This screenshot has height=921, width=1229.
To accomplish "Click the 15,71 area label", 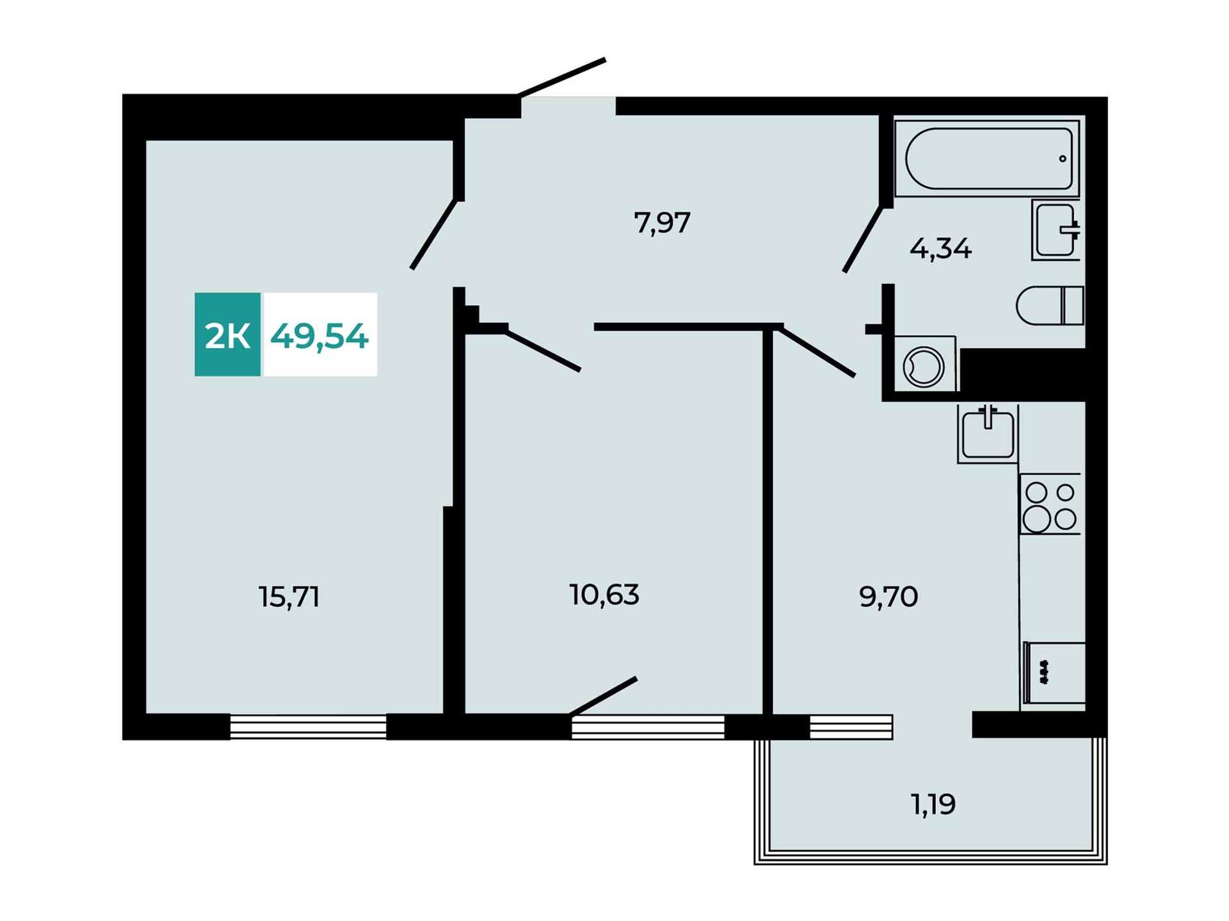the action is pyautogui.click(x=289, y=597).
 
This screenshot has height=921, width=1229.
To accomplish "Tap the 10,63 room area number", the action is pyautogui.click(x=604, y=595).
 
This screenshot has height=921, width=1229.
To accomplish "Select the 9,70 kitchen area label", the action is pyautogui.click(x=888, y=597).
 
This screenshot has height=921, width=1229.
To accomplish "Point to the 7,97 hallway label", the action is pyautogui.click(x=662, y=223).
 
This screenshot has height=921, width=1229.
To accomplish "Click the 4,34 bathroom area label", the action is pyautogui.click(x=940, y=248).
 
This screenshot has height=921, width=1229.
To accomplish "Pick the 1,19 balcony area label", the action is pyautogui.click(x=933, y=804).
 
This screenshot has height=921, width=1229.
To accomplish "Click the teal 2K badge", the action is pyautogui.click(x=228, y=335).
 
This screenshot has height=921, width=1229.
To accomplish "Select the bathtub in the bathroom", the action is pyautogui.click(x=987, y=158).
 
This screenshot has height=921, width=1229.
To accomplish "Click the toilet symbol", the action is pyautogui.click(x=1050, y=306).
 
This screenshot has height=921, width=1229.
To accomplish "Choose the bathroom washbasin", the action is pyautogui.click(x=1056, y=230).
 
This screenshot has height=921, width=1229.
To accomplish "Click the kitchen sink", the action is pyautogui.click(x=988, y=434).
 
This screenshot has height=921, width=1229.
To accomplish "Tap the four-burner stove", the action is pyautogui.click(x=1050, y=504).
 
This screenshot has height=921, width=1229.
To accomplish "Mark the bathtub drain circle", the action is pyautogui.click(x=1063, y=159).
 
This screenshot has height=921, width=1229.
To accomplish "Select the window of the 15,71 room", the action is pyautogui.click(x=308, y=727).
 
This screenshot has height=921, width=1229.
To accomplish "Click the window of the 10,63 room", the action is pyautogui.click(x=648, y=727).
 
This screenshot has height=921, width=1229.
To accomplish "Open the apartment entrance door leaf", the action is pyautogui.click(x=562, y=77).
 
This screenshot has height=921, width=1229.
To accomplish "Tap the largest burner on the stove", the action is pyautogui.click(x=1036, y=519).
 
